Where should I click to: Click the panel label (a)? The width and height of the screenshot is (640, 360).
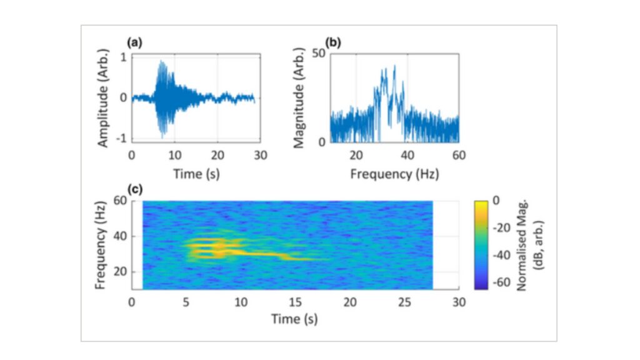click(x=134, y=43)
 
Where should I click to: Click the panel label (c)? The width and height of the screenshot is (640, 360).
click(x=134, y=189)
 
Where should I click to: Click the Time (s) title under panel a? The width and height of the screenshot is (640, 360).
click(x=196, y=174)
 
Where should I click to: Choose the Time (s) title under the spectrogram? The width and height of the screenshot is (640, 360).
click(x=294, y=319)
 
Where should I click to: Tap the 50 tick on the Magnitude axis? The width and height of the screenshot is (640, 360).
click(x=317, y=54)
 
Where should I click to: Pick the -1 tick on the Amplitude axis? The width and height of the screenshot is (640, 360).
click(x=122, y=138)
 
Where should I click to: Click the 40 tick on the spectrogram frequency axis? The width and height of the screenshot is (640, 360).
click(x=119, y=236)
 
